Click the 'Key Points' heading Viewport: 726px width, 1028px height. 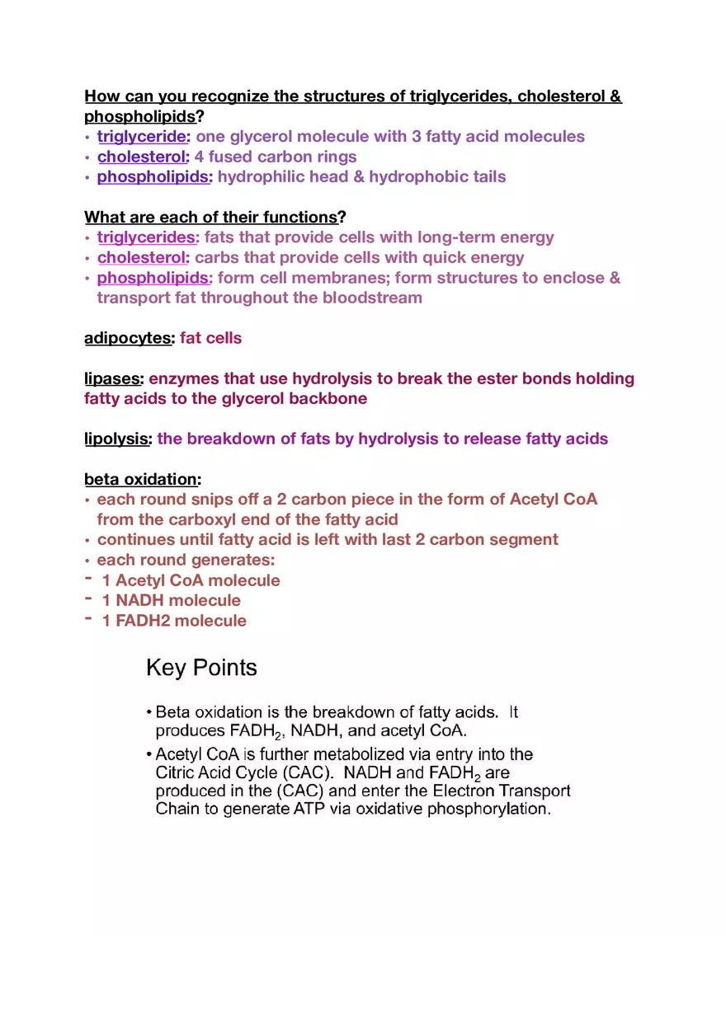click(201, 668)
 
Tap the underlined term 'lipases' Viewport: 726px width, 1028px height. click(113, 378)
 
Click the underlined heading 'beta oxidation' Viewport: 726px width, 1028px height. click(141, 479)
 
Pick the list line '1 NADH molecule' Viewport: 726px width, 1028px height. click(171, 600)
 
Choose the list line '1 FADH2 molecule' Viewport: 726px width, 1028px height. click(173, 621)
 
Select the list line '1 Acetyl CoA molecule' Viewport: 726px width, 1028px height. click(191, 580)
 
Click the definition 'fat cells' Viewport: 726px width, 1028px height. click(210, 338)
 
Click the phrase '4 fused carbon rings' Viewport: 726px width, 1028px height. click(276, 157)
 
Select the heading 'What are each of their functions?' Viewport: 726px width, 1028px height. click(214, 218)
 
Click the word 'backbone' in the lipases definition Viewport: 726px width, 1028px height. click(329, 399)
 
